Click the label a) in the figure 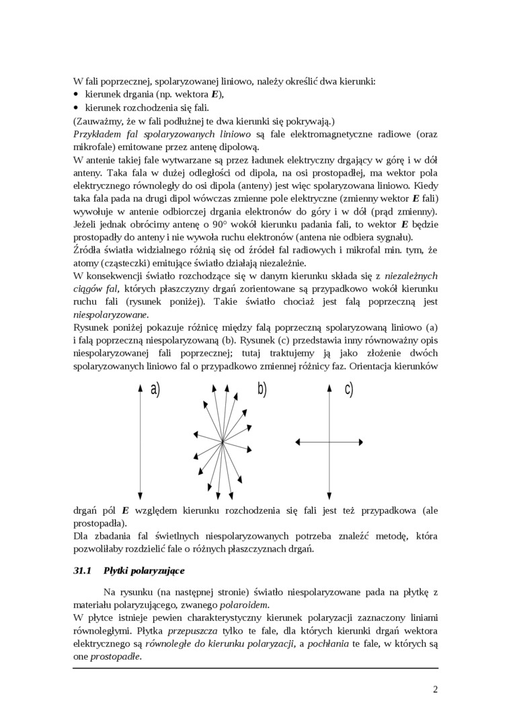click(x=155, y=389)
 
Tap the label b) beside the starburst click(x=262, y=389)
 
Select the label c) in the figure click(x=349, y=389)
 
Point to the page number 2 click(x=435, y=689)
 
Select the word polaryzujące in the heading click(x=156, y=571)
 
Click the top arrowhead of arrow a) click(x=140, y=386)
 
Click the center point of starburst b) click(x=222, y=441)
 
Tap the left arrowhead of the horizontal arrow click(x=299, y=441)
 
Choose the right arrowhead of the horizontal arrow click(x=362, y=441)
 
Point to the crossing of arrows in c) click(x=330, y=441)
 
